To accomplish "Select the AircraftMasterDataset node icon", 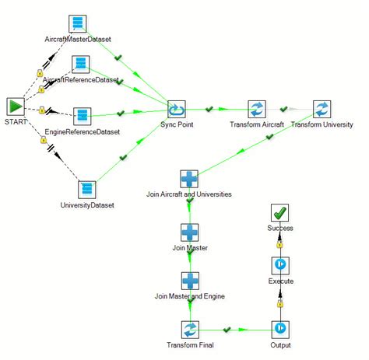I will tap(76, 23).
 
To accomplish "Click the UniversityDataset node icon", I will tap(87, 190).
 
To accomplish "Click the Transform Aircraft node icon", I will tap(256, 109).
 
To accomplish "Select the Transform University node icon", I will tap(322, 109).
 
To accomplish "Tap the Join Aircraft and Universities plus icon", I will tap(189, 179).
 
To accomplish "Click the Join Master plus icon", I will tap(189, 232).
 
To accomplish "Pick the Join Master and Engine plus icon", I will tap(189, 281).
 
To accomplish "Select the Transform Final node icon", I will tap(190, 330).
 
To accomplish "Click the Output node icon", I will tap(280, 330).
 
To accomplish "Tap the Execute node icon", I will tap(280, 266).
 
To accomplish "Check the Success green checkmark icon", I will tap(280, 213).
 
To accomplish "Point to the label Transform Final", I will tap(190, 345).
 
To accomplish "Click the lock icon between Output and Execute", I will tap(279, 302).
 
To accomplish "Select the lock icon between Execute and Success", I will tap(279, 245).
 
